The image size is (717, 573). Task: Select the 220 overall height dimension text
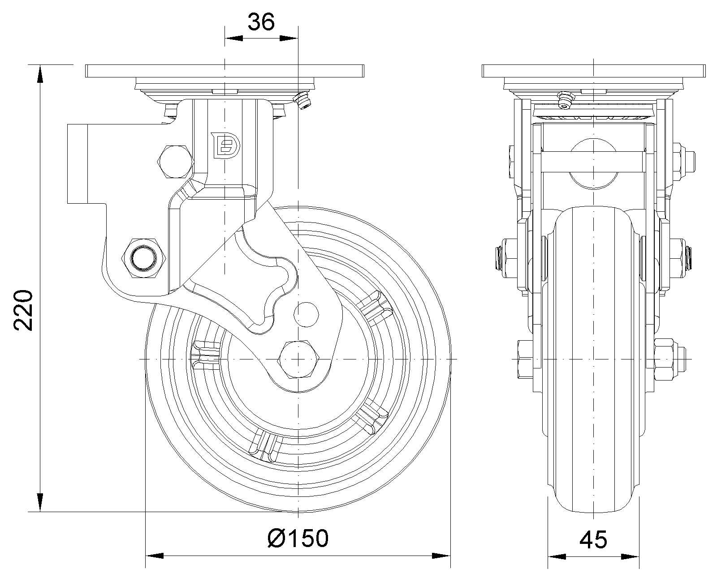tap(23, 310)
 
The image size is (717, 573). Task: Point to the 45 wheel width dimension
tap(593, 539)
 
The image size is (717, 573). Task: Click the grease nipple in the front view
tap(565, 100)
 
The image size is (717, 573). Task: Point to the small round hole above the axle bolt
tap(307, 313)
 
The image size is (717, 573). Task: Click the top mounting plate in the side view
tap(225, 71)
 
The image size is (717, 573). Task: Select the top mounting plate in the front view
tap(594, 71)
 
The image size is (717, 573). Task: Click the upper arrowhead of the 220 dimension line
tap(40, 74)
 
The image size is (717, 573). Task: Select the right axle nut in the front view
tap(668, 359)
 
